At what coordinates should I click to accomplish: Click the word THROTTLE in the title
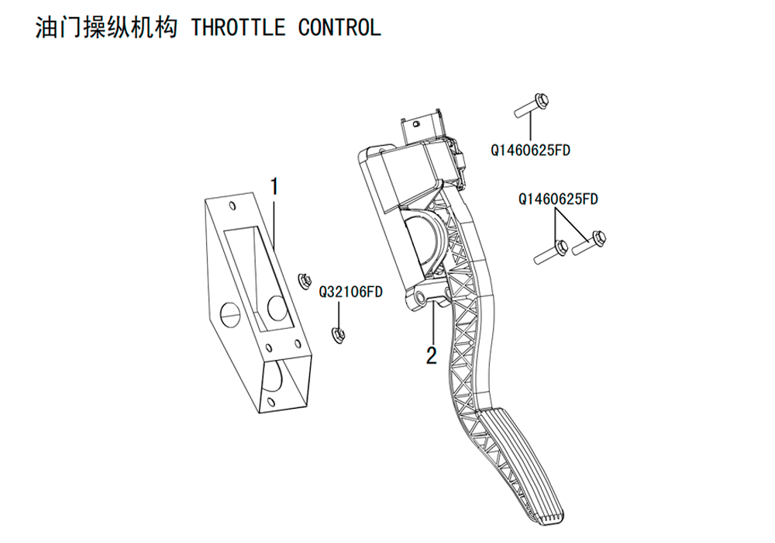(x=238, y=28)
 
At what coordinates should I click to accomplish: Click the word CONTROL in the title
(x=339, y=28)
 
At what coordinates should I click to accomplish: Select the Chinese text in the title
(x=106, y=28)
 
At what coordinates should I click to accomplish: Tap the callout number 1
(x=274, y=187)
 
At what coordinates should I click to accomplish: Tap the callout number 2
(x=432, y=355)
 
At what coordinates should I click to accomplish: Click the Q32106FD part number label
(x=351, y=292)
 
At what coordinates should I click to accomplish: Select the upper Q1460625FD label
(x=530, y=150)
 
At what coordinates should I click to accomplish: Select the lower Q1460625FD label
(x=558, y=199)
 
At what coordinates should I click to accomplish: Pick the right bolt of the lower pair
(x=589, y=244)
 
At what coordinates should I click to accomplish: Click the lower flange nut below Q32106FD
(x=338, y=335)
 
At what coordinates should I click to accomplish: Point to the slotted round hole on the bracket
(x=231, y=310)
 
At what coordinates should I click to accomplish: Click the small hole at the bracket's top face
(x=233, y=206)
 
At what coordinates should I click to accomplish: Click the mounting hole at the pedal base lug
(x=421, y=297)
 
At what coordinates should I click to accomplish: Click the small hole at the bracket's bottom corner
(x=270, y=401)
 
